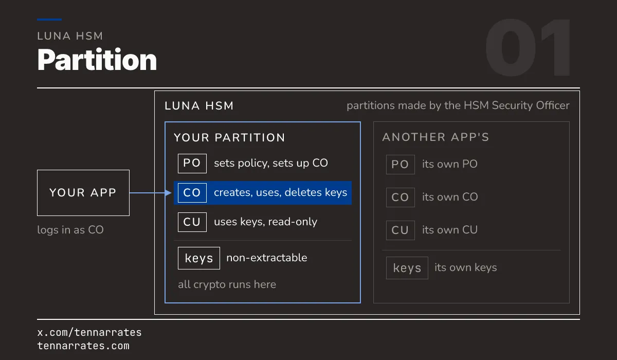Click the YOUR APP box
click(83, 193)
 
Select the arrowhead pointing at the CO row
click(168, 193)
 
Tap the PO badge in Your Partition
click(192, 164)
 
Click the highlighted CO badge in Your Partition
click(192, 193)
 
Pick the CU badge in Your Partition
click(192, 222)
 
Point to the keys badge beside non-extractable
click(199, 258)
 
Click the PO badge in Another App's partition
click(401, 165)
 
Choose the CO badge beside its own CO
click(401, 197)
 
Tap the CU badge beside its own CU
click(401, 230)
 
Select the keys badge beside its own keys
click(407, 268)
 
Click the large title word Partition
click(97, 60)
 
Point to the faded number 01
click(528, 47)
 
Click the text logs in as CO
click(70, 230)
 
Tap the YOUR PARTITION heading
click(229, 137)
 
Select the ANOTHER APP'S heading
click(436, 137)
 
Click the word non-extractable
click(267, 258)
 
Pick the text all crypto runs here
click(227, 284)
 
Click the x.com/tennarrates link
click(89, 332)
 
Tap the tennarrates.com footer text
click(83, 346)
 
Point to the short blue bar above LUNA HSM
click(49, 20)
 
